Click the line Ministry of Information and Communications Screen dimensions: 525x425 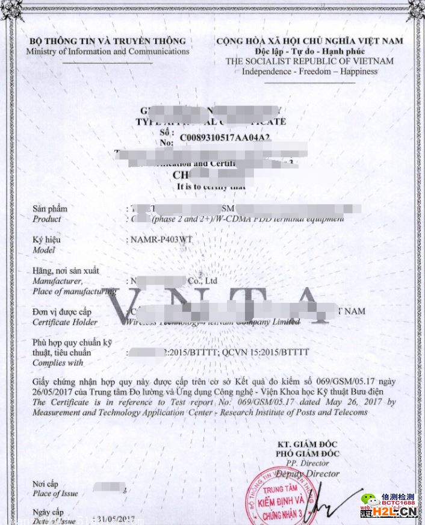(108, 51)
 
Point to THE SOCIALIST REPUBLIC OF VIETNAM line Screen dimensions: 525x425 (309, 61)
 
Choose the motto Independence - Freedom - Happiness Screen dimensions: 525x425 (309, 72)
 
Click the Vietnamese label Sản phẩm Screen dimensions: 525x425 (50, 209)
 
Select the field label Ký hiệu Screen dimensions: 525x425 (46, 240)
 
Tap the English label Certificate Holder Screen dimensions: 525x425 (65, 322)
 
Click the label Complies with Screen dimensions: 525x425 (58, 363)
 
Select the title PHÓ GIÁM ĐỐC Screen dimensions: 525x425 (308, 453)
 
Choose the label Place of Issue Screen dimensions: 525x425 (55, 494)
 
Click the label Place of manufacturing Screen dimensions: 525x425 (73, 291)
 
